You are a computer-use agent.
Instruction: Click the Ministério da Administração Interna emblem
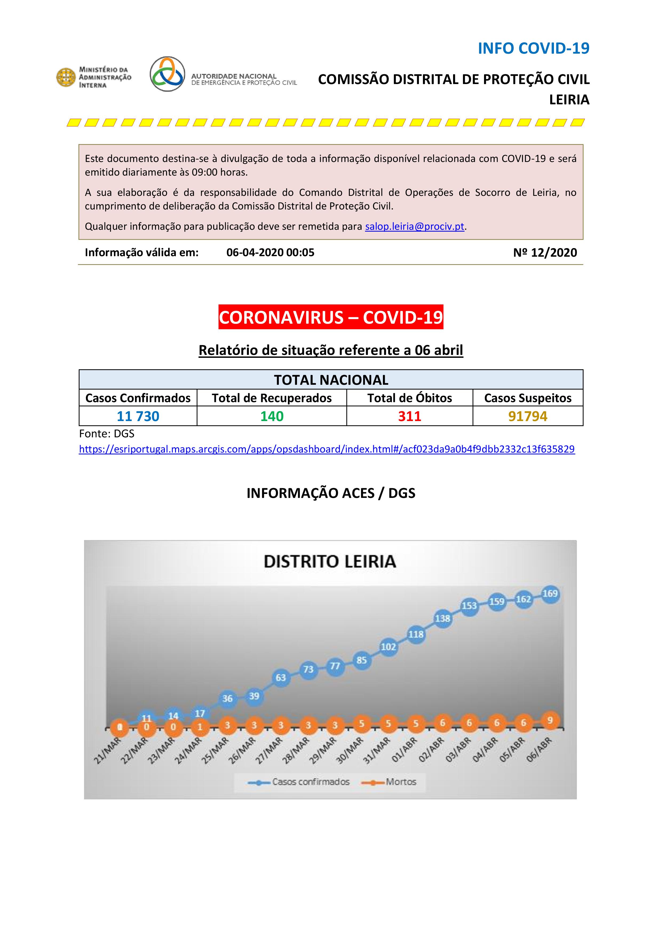pos(66,77)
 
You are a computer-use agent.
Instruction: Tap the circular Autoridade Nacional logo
pos(167,74)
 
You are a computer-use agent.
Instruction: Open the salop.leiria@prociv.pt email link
pos(415,227)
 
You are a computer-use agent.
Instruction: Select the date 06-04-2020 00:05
pos(270,253)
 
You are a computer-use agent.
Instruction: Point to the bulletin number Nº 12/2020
pos(545,253)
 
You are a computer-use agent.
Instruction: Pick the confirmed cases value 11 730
pos(138,416)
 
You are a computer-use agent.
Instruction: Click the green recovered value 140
pos(272,416)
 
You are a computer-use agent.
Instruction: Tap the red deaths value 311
pos(410,416)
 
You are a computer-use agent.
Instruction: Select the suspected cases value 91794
pos(528,416)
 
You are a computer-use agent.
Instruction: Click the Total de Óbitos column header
pos(410,398)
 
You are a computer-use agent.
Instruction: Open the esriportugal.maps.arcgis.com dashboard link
pos(327,449)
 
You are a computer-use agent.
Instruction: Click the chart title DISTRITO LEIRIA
pos(330,561)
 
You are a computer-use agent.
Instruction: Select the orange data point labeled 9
pos(550,720)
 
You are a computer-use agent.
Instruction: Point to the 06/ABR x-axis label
pos(539,750)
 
